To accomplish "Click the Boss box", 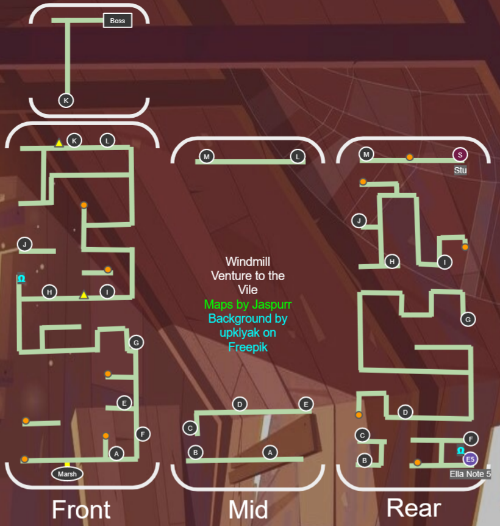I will [118, 21].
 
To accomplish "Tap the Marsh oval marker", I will [67, 474].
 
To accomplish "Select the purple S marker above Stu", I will [460, 154].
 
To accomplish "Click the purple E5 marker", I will [470, 459].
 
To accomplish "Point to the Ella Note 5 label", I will [470, 474].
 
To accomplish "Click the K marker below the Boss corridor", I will [66, 100].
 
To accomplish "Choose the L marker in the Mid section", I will [298, 157].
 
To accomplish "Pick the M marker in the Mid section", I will [207, 157].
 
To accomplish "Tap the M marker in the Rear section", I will [366, 154].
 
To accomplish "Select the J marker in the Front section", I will [25, 245].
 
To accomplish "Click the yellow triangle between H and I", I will [84, 295].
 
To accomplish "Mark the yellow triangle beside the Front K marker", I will [59, 143].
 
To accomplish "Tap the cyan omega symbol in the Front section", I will [21, 279].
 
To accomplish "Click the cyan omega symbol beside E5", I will [461, 450].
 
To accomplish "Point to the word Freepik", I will [248, 347].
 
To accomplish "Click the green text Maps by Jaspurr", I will [248, 304].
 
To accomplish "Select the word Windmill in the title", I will [248, 262].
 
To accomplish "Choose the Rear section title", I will [413, 508].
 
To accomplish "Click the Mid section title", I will [248, 510].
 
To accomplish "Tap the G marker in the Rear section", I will [468, 319].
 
